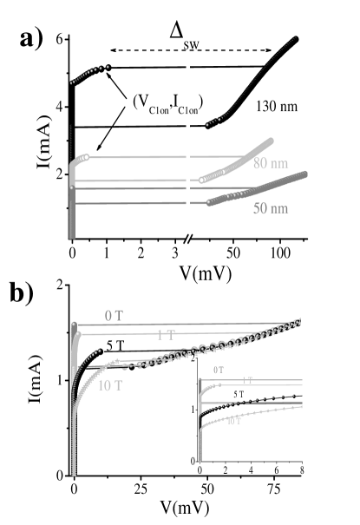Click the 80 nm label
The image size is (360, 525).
pos(271,163)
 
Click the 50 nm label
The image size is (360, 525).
pos(271,209)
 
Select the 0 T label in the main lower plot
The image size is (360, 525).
pos(114,316)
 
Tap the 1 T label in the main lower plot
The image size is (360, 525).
pos(166,335)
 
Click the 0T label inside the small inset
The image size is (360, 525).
pos(219,371)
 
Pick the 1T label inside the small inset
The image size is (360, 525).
pos(247,380)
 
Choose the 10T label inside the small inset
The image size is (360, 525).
pos(235,421)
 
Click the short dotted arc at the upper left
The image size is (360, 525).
pos(89,74)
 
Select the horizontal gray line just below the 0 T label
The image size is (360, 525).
pos(173,325)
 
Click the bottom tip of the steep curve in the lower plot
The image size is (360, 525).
pos(74,472)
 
